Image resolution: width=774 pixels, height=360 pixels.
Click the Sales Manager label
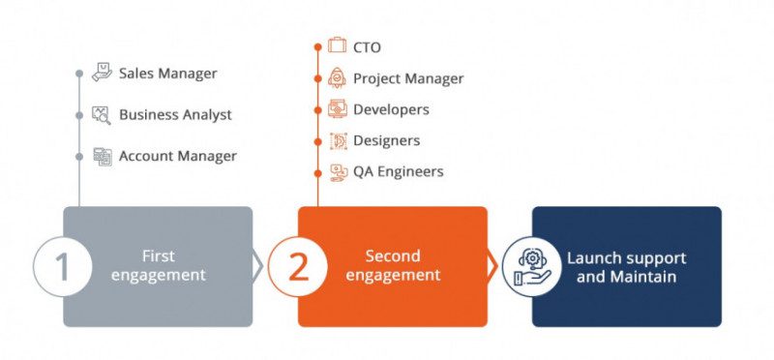coord(167,74)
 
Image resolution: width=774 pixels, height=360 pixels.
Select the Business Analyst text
coord(175,115)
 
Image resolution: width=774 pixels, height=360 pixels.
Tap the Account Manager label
coord(177,156)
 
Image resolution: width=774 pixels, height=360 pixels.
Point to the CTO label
coord(367,46)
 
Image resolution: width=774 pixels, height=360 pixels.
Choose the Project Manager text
coord(408,78)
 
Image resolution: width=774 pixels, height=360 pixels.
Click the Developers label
coord(391,109)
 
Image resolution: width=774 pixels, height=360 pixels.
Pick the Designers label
coord(386,140)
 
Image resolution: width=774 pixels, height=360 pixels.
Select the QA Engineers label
coord(398,171)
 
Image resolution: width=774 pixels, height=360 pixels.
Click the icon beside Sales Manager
coord(102,74)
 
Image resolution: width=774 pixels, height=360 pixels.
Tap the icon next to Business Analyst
coord(102,115)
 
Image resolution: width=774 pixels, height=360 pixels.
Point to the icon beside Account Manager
coord(102,156)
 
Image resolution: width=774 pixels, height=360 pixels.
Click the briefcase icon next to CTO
coord(337,45)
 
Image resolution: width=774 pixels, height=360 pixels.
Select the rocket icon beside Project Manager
coord(337,78)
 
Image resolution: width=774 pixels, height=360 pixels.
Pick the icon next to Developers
coord(337,109)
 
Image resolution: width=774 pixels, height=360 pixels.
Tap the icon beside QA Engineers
coord(337,172)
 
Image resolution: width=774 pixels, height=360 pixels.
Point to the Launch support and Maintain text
coord(626,267)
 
